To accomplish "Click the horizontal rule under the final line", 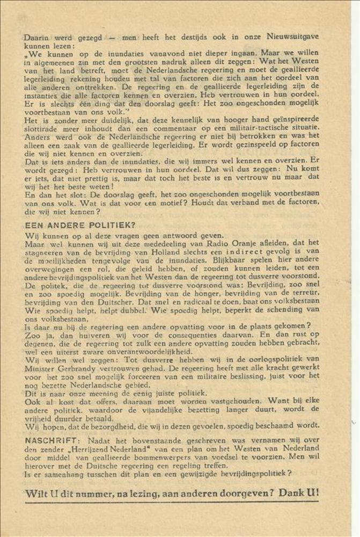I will point(172,502).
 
